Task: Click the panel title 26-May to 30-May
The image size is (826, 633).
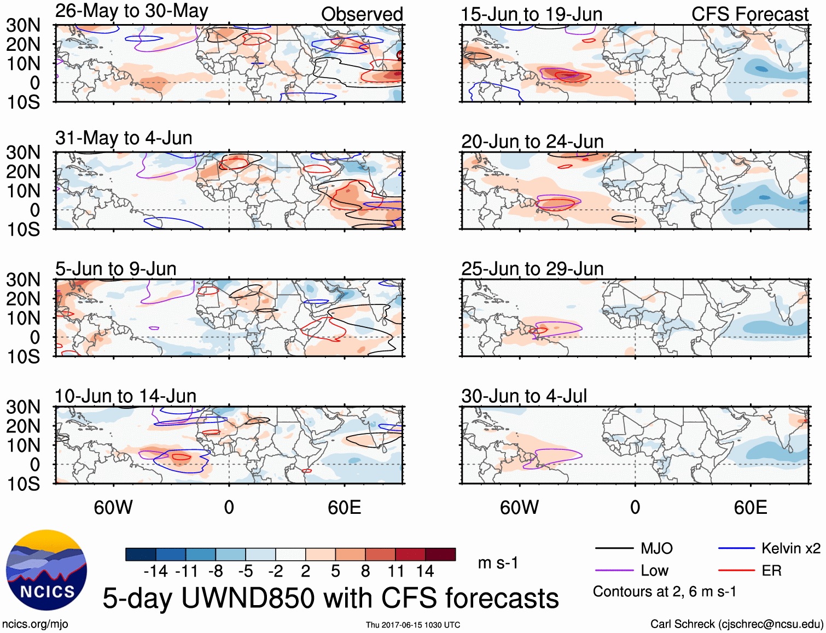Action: [x=131, y=11]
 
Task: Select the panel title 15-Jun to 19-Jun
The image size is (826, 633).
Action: [x=531, y=15]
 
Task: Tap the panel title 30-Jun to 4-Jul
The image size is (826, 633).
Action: [x=523, y=396]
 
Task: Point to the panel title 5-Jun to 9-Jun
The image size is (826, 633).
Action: [x=115, y=269]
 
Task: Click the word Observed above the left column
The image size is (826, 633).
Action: [x=362, y=14]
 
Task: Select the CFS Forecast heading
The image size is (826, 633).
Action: [x=749, y=14]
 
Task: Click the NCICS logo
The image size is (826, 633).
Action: [x=46, y=570]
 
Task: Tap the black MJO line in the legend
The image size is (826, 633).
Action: [x=614, y=548]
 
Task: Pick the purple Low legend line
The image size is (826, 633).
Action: [x=614, y=571]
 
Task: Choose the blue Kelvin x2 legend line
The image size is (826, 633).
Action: [x=736, y=548]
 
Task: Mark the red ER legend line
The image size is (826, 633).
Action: [x=736, y=571]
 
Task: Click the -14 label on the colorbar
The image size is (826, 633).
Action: [x=156, y=571]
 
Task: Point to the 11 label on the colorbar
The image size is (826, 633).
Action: [x=395, y=571]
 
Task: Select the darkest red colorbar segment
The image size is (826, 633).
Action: [x=440, y=554]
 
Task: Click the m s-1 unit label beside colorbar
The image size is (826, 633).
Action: [x=498, y=562]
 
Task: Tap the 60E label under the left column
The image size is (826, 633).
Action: [x=344, y=507]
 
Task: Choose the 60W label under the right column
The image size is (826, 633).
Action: [x=519, y=507]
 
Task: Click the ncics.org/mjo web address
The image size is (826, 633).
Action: [x=35, y=624]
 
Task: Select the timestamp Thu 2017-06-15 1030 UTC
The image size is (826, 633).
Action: [x=413, y=625]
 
